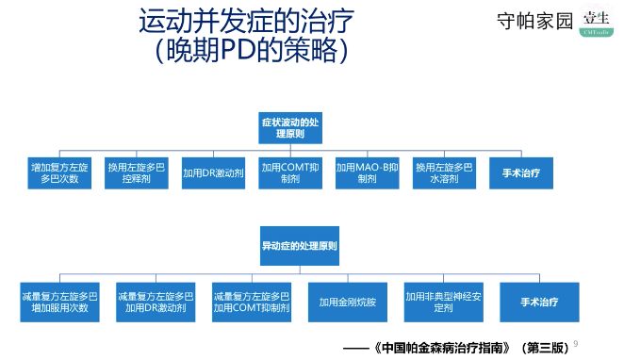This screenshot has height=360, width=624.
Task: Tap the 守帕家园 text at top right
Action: point(534,21)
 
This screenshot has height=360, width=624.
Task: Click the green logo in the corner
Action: point(596,22)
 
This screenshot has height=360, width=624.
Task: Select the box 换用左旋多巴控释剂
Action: point(138,172)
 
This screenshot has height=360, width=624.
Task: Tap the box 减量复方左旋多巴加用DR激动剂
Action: point(156,302)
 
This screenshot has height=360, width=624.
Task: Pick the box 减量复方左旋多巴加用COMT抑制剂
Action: point(251,302)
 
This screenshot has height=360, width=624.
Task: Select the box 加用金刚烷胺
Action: point(347,302)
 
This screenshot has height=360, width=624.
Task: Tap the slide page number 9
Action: point(576,343)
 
